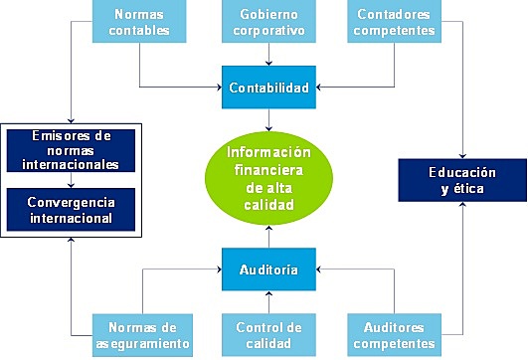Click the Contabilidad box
click(x=268, y=88)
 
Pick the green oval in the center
click(x=268, y=178)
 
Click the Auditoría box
click(x=268, y=269)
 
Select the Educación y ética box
click(x=461, y=180)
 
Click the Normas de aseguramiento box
click(x=139, y=334)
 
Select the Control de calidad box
click(x=268, y=334)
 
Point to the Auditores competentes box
click(x=396, y=334)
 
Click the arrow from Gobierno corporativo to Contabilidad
click(x=268, y=58)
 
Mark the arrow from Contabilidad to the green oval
click(x=268, y=119)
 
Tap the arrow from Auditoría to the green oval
click(x=268, y=237)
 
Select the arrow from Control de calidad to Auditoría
click(x=268, y=301)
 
